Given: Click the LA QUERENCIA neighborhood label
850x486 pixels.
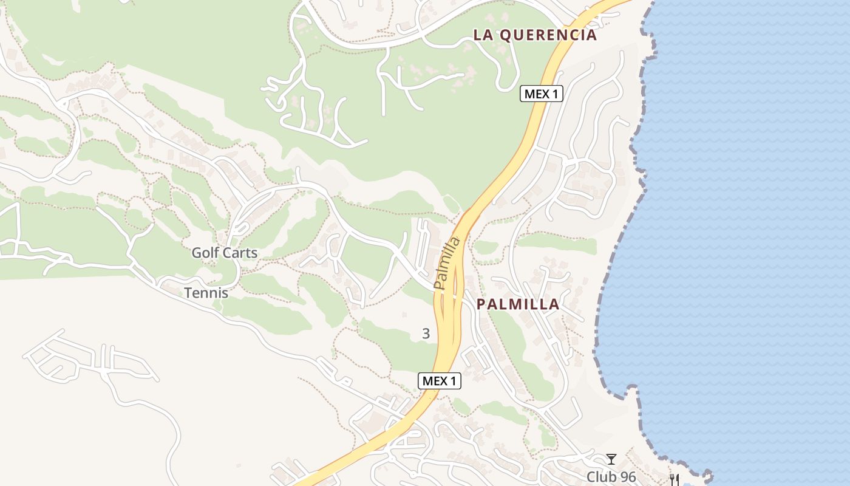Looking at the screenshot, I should pos(535,35).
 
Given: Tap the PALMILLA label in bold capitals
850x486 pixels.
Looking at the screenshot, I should pos(518,304).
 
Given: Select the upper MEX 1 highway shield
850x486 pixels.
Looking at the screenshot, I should pos(542,94).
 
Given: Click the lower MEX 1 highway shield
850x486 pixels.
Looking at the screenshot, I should pos(440,381).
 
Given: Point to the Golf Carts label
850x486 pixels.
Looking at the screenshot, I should pos(225,253).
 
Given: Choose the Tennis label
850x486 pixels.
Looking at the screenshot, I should pos(206,293).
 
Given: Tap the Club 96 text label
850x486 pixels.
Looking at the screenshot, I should pos(611,477).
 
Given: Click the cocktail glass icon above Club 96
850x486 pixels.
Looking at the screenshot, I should pos(611,459).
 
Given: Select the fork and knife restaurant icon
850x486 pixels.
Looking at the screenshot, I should pos(674,480).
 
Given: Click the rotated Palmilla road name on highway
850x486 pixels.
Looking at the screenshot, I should pos(447,264).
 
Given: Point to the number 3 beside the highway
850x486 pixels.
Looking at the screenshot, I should pos(426,334).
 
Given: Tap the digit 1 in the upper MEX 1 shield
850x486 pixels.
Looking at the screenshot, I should pos(556,94).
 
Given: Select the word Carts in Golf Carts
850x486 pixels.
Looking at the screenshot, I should pos(239,253).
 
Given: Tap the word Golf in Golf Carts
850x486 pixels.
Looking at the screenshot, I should pos(205,253).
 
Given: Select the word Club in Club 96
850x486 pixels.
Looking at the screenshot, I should pos(600,477).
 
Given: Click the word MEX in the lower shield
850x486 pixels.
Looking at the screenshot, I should pos(435,381).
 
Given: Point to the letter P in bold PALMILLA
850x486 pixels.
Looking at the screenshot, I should pos(481,304).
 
